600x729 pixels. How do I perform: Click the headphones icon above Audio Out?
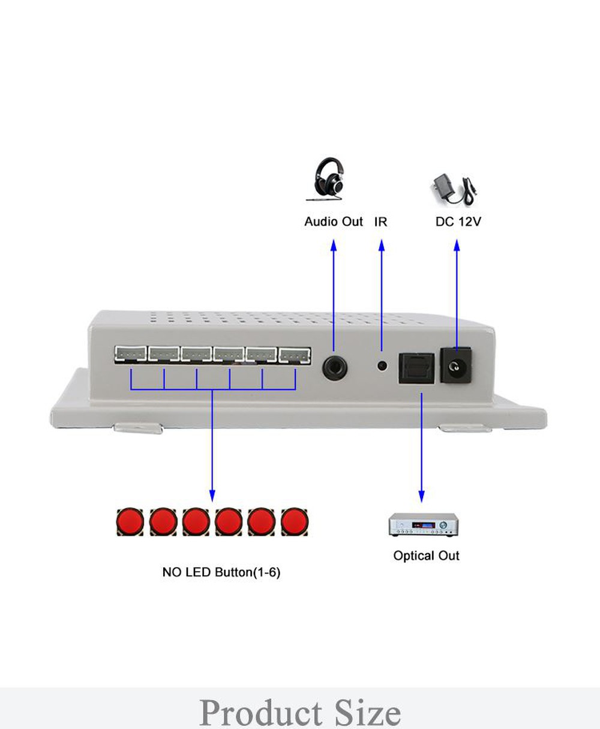pyautogui.click(x=327, y=179)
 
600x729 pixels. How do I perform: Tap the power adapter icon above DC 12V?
pyautogui.click(x=454, y=189)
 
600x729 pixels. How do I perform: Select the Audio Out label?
pyautogui.click(x=334, y=221)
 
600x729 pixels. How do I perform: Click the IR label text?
pyautogui.click(x=381, y=221)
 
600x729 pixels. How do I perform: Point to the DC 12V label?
pyautogui.click(x=458, y=221)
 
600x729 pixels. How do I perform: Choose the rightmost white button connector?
pyautogui.click(x=295, y=356)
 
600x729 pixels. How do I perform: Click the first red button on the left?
pyautogui.click(x=130, y=522)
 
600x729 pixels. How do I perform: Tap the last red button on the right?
pyautogui.click(x=295, y=522)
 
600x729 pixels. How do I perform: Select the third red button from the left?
pyautogui.click(x=196, y=522)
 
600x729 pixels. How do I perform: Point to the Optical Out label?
pyautogui.click(x=426, y=556)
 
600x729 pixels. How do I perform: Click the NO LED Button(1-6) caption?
pyautogui.click(x=221, y=572)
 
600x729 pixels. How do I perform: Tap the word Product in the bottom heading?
pyautogui.click(x=261, y=712)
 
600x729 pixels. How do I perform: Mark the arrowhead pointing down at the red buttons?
pyautogui.click(x=211, y=496)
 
